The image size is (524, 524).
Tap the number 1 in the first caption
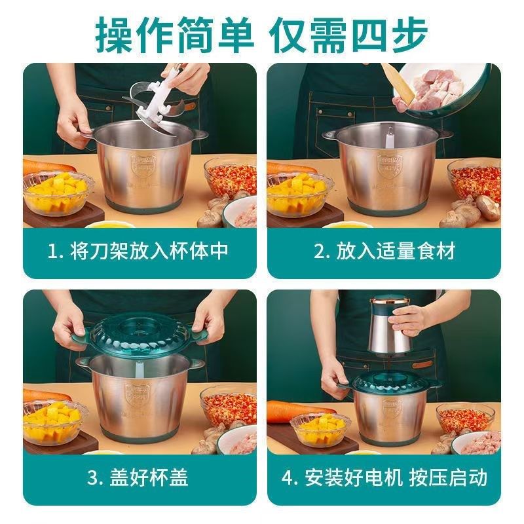(55, 252)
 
